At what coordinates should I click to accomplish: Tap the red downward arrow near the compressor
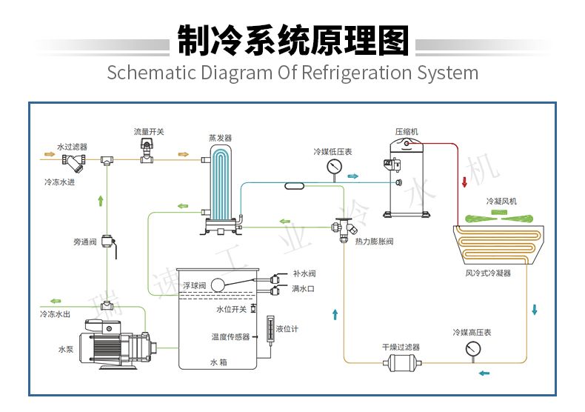464,182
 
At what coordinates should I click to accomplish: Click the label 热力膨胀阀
374,242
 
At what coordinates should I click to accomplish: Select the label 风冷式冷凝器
488,273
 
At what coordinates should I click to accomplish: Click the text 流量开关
149,131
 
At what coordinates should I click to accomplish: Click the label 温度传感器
230,336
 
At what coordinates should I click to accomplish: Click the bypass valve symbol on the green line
110,242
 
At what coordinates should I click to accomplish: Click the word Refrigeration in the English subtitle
356,73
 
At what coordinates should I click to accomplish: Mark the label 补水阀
304,273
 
